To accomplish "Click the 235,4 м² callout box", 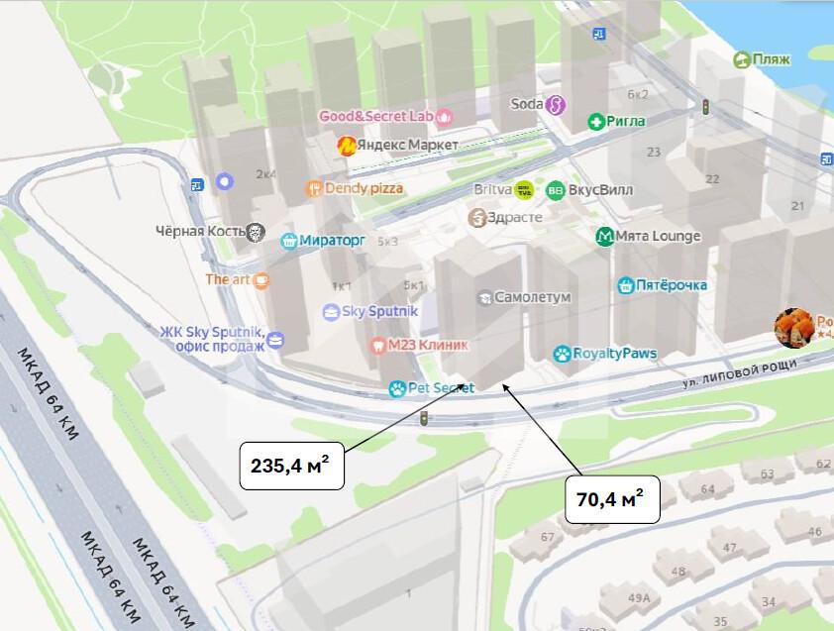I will (291, 463).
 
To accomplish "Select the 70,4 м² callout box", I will (611, 498).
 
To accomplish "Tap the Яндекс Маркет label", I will (407, 146).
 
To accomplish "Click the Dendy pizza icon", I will (314, 188).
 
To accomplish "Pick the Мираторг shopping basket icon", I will (289, 240).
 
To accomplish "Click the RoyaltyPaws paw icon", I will (562, 354).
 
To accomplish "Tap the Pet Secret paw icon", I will (397, 389).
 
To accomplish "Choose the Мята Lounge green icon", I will (603, 236).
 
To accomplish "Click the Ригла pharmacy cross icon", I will (596, 122).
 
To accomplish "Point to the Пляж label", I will (772, 59).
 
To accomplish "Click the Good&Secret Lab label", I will (375, 116).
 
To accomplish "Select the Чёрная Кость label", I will (199, 232).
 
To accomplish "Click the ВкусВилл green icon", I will (556, 190).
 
